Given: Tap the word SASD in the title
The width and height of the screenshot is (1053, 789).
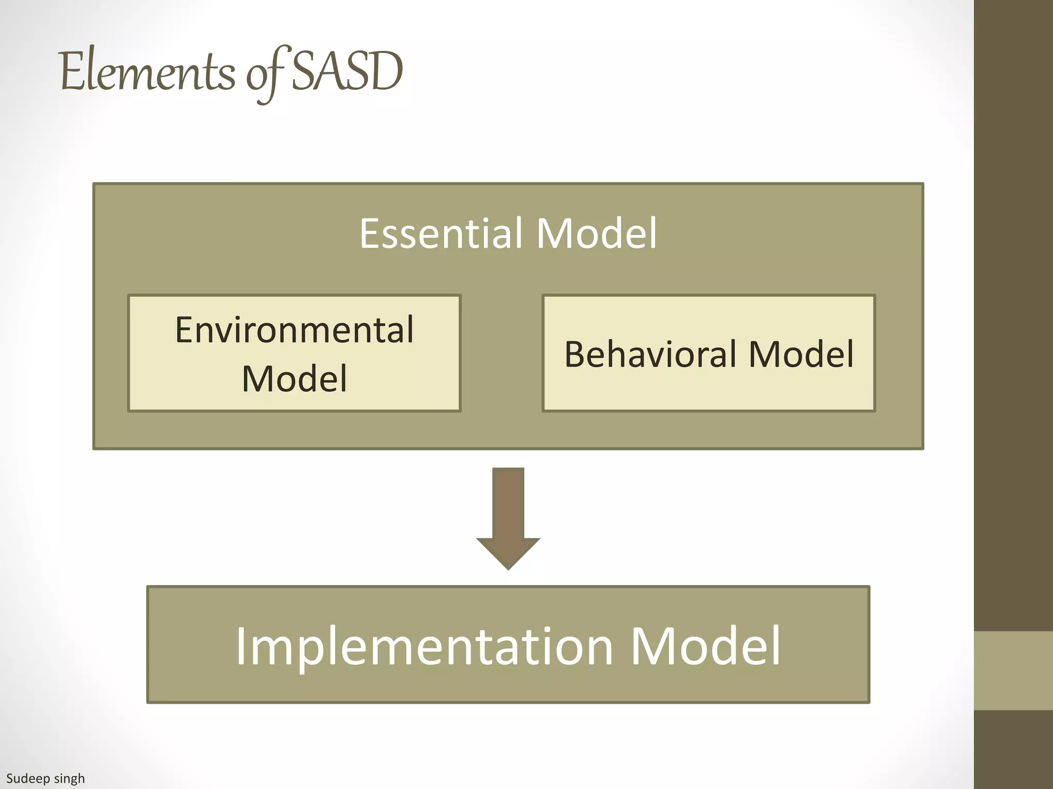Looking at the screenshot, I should [x=347, y=72].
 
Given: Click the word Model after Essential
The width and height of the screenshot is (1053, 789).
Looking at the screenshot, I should [x=596, y=234].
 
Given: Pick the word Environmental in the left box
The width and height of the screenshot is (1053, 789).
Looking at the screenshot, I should [x=294, y=330].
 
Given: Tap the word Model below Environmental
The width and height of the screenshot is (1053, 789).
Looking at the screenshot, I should [x=294, y=379].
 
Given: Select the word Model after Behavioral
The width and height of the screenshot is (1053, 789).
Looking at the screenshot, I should [x=801, y=354].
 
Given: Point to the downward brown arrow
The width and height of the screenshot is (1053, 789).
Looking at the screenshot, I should [x=508, y=514].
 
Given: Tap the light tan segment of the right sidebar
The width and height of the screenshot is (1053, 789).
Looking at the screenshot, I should [x=1013, y=670].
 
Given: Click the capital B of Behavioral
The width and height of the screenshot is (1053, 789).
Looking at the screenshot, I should [x=575, y=354].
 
